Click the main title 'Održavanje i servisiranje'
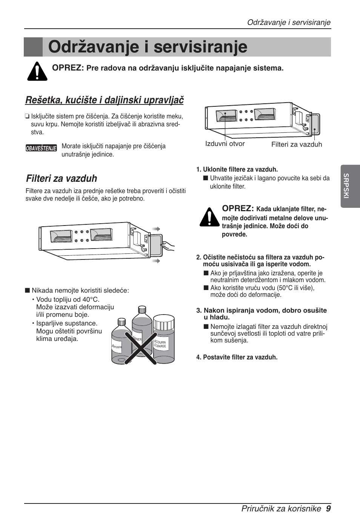[x=148, y=47]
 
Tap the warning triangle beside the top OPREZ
[x=37, y=71]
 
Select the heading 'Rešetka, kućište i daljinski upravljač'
[x=104, y=100]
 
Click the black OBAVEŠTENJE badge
[x=41, y=148]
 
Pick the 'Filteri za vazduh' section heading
[x=62, y=178]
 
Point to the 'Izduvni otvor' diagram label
[x=225, y=144]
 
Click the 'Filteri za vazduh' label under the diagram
[x=297, y=144]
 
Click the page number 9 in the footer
[x=328, y=508]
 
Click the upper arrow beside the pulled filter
[x=156, y=229]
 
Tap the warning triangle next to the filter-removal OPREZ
[x=209, y=217]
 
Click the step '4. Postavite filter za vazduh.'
[x=237, y=357]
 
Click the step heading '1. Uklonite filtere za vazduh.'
[x=237, y=169]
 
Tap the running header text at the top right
[x=289, y=22]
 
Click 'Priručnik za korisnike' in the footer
[x=281, y=508]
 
